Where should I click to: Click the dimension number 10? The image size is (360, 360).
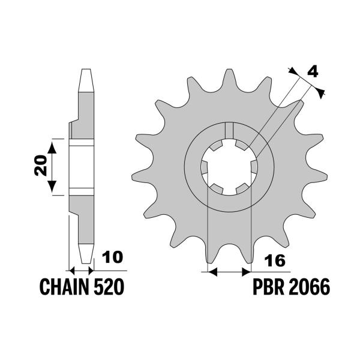pyautogui.click(x=112, y=257)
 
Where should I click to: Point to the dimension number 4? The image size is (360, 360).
pyautogui.click(x=312, y=73)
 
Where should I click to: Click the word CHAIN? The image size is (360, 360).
pyautogui.click(x=64, y=287)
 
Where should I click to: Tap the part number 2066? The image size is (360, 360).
pyautogui.click(x=310, y=287)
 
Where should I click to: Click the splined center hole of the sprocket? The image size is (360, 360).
pyautogui.click(x=229, y=166)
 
